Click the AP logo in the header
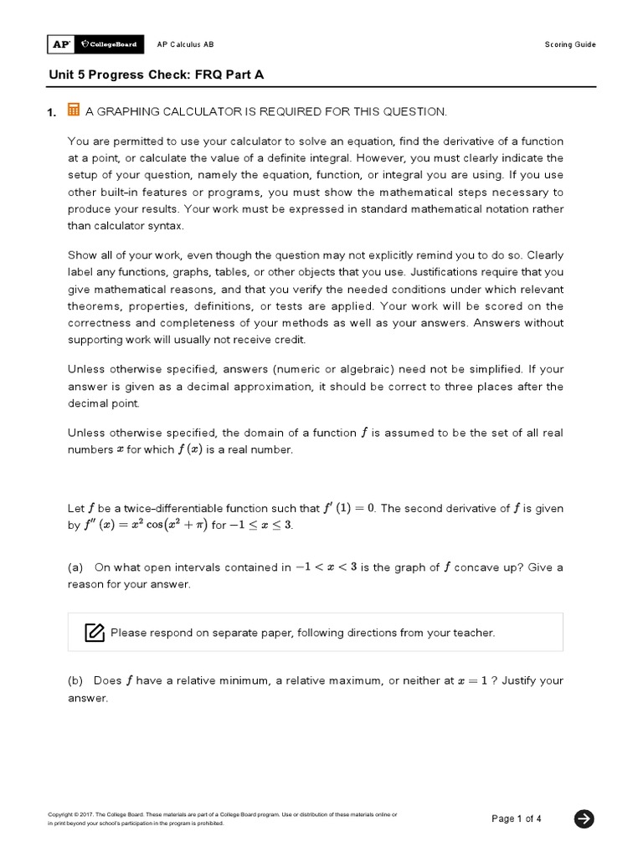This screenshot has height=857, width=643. (x=60, y=44)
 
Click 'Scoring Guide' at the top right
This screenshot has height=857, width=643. (x=570, y=44)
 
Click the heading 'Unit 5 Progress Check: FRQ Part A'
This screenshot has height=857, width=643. (x=156, y=74)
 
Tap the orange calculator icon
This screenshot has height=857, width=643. (x=74, y=110)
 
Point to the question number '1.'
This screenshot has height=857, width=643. (x=53, y=112)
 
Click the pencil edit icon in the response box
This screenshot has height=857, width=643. (x=95, y=632)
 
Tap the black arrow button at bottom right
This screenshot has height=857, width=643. (x=584, y=819)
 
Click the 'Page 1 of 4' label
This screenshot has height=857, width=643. (x=517, y=819)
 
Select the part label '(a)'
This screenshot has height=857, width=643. (x=76, y=567)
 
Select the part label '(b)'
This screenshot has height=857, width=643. (x=76, y=680)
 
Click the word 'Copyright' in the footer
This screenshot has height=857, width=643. (x=61, y=813)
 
